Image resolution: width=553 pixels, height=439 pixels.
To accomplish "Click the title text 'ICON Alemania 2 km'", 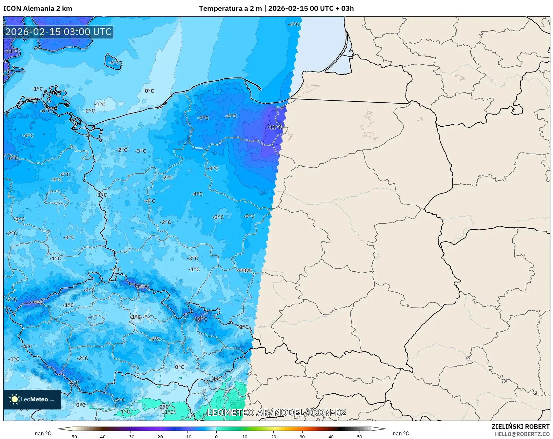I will pyautogui.click(x=38, y=9).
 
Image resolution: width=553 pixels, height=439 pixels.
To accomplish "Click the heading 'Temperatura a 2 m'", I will pyautogui.click(x=230, y=9).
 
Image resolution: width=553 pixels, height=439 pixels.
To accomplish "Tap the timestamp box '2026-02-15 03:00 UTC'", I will pyautogui.click(x=58, y=32).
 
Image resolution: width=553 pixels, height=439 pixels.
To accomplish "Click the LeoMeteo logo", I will pyautogui.click(x=32, y=399).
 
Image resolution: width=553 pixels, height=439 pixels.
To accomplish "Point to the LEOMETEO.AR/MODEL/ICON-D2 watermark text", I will pyautogui.click(x=276, y=412).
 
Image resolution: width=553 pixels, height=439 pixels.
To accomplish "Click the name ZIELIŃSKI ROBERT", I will pyautogui.click(x=520, y=427).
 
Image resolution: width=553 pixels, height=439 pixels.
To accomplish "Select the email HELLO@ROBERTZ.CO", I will pyautogui.click(x=522, y=434).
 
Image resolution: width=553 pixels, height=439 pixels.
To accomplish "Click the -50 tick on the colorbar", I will pyautogui.click(x=73, y=436).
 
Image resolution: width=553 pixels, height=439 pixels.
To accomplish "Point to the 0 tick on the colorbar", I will pyautogui.click(x=216, y=436).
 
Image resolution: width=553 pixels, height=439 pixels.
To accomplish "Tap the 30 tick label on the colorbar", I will pyautogui.click(x=302, y=436).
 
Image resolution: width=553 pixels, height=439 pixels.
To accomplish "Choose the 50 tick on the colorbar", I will pyautogui.click(x=359, y=436).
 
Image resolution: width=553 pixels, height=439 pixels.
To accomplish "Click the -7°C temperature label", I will pyautogui.click(x=203, y=118).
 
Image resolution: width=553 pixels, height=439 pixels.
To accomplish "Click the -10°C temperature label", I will pyautogui.click(x=200, y=319).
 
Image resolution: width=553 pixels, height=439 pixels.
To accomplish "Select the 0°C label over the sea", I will pyautogui.click(x=149, y=91).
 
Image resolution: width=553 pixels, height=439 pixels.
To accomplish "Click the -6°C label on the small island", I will pyautogui.click(x=114, y=62).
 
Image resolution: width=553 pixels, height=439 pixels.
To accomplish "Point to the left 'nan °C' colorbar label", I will pyautogui.click(x=43, y=433).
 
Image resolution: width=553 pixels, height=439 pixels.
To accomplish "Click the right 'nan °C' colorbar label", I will pyautogui.click(x=401, y=433).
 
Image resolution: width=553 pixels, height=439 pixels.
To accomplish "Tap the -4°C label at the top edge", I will pyautogui.click(x=293, y=24).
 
